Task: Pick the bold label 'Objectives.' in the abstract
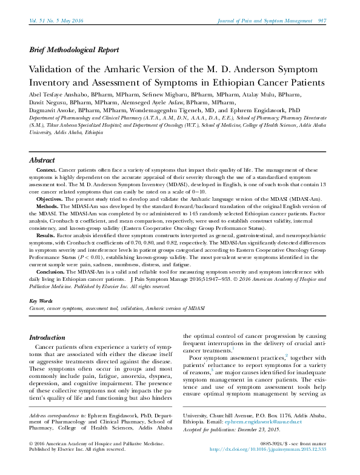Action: tap(49, 198)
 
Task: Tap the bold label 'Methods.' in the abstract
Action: tap(47, 206)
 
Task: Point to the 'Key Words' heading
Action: tap(41, 302)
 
